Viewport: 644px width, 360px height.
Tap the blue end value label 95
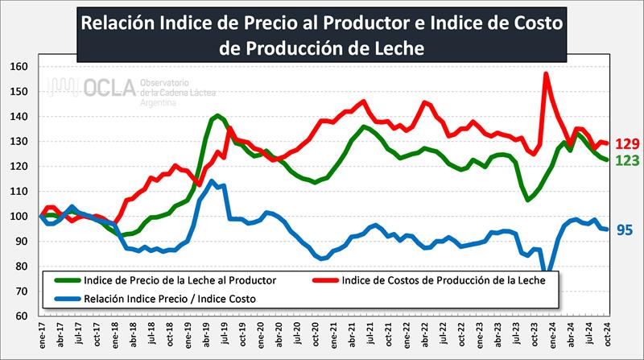coord(625,230)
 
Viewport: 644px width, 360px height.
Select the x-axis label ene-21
coord(328,336)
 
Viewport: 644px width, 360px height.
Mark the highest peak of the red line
coord(546,74)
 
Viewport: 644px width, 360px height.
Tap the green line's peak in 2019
coord(218,116)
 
